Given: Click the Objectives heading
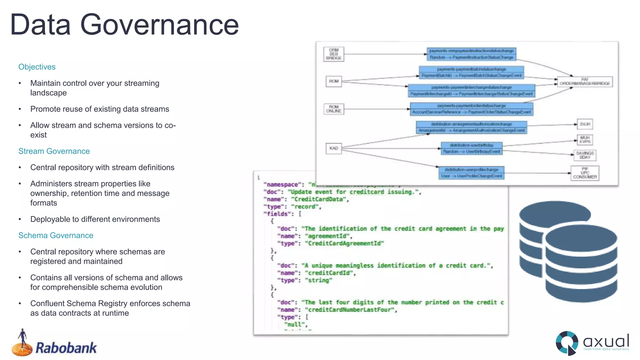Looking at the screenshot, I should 37,67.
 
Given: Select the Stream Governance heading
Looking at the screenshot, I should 54,151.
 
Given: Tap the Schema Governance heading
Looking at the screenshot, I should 56,235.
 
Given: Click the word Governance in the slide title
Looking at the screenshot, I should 159,25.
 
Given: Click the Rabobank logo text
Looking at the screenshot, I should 66,348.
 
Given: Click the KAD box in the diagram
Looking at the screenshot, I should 333,148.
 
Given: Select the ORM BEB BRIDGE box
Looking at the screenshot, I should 333,54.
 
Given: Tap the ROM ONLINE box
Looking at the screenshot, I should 333,109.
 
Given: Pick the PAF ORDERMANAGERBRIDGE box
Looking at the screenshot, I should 584,82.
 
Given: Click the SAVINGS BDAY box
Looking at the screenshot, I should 585,155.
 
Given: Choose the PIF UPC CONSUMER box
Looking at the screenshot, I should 584,173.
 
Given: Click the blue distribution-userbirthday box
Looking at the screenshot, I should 471,148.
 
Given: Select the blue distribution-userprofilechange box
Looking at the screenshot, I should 471,173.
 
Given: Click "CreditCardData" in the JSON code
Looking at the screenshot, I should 318,199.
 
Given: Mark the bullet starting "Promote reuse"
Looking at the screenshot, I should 99,109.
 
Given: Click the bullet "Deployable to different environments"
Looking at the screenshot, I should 95,219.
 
